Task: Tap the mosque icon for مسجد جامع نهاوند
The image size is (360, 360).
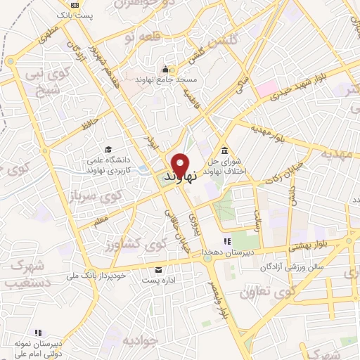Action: click(167, 69)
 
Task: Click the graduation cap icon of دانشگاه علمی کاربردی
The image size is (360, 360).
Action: click(108, 149)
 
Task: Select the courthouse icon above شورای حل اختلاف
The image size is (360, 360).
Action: click(224, 150)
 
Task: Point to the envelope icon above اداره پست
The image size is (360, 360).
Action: click(158, 270)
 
